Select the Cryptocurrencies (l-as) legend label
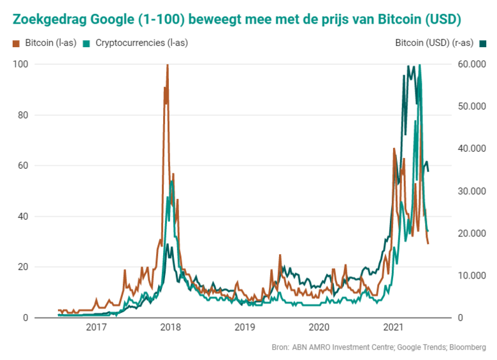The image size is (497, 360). pos(141,43)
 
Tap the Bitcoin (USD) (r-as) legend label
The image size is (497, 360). pos(434,43)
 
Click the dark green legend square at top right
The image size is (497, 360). pos(483,43)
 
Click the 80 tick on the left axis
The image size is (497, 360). pos(22,115)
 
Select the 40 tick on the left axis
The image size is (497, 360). pos(22,217)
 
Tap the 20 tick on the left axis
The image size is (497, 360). pos(22,267)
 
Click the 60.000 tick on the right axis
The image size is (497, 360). pos(472,64)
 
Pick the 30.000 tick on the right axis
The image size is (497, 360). pos(472,191)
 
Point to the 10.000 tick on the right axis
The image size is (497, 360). pos(472,275)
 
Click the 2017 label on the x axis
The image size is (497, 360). pos(96,328)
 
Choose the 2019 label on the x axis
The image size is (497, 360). pos(245,328)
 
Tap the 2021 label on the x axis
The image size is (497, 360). pos(393,328)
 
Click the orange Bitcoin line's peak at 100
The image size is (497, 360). pos(167,65)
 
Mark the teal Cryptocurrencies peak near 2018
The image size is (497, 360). pos(171,182)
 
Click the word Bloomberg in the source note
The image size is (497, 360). pos(468,347)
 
